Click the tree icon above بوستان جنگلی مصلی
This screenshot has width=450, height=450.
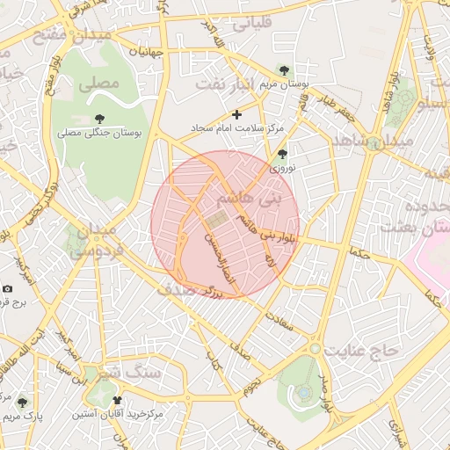point(98,119)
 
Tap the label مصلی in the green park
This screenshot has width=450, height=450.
point(98,85)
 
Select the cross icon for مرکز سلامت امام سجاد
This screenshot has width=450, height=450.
point(236,114)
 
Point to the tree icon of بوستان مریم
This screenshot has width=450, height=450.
point(283,69)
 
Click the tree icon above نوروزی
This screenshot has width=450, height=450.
point(282,154)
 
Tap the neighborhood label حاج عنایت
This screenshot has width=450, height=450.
point(361,350)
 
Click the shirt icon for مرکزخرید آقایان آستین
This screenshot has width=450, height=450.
point(118,400)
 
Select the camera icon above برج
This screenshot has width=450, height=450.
point(8,288)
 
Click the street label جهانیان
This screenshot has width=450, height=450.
point(147,52)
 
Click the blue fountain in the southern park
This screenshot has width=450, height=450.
point(303,390)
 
